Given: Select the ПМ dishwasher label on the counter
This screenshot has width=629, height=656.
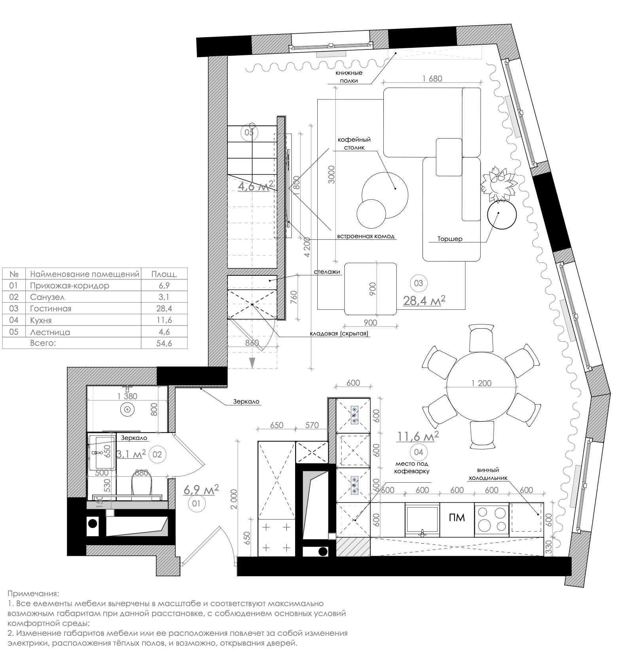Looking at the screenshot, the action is (457, 518).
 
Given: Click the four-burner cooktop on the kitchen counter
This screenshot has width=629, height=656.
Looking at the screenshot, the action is (491, 519).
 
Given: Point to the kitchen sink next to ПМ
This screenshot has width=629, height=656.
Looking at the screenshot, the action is (422, 519).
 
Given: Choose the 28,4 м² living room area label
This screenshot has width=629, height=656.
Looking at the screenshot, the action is (424, 301).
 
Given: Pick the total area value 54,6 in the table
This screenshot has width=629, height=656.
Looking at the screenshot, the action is (164, 343).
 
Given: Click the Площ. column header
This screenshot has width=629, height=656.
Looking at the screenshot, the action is (164, 274).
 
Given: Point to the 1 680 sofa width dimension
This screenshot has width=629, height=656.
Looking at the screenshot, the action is (432, 78).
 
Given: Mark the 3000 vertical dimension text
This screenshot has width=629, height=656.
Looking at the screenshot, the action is (332, 174).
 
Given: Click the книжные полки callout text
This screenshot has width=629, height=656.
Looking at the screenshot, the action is (349, 76).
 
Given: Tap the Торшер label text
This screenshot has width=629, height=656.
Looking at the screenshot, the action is (450, 239).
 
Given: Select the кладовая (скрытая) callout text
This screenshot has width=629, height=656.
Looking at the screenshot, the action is (339, 333).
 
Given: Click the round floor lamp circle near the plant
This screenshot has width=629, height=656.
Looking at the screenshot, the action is (502, 214).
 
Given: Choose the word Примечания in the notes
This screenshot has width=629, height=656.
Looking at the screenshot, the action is (33, 594).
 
